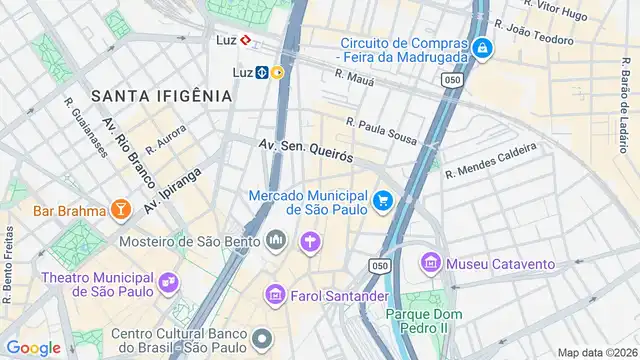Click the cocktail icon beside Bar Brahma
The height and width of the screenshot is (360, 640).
120,209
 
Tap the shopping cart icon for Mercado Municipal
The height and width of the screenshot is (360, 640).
382,202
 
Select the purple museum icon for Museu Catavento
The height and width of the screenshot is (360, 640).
431,264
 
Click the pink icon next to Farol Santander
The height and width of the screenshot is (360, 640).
275,295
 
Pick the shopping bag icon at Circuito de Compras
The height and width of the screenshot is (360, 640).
482,48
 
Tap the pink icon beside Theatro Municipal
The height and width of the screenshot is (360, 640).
173,284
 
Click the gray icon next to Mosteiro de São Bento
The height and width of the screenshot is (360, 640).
277,241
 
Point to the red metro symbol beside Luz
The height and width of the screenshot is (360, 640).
245,42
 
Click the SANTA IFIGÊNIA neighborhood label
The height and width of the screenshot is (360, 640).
161,96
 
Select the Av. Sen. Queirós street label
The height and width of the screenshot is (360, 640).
306,151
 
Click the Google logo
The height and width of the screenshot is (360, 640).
33,347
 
